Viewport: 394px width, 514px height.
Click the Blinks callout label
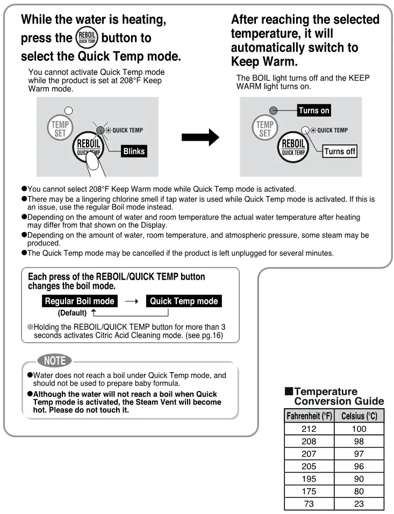click(x=134, y=151)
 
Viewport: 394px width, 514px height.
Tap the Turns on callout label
click(x=314, y=111)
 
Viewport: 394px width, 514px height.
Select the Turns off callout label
click(x=340, y=151)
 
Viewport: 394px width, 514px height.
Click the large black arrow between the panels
click(x=200, y=137)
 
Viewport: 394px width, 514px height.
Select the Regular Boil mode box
click(x=80, y=301)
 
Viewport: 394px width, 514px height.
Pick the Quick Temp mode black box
click(x=184, y=301)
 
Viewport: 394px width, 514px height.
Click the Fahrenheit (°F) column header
click(x=309, y=416)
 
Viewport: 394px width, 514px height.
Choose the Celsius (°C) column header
click(x=359, y=416)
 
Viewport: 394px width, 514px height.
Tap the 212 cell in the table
click(x=309, y=429)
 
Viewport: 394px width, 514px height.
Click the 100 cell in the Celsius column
click(x=359, y=429)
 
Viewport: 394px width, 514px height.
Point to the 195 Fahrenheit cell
click(x=309, y=479)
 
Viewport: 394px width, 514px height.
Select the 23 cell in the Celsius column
click(x=359, y=504)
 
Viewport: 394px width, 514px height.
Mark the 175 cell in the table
click(x=309, y=491)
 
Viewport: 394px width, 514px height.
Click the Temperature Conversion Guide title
click(x=334, y=396)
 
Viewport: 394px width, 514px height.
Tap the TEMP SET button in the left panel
click(x=59, y=129)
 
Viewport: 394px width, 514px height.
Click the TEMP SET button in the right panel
click(x=264, y=129)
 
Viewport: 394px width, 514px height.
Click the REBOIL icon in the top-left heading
click(x=86, y=38)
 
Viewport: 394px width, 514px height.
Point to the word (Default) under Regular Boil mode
click(x=72, y=313)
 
